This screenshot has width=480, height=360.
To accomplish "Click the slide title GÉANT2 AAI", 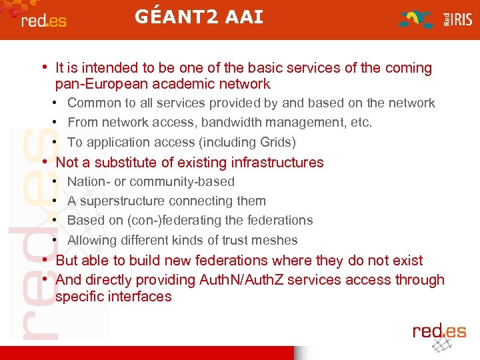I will click(199, 17).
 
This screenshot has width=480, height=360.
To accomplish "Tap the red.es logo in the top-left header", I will click(44, 21).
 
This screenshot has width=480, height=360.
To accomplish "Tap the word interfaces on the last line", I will click(139, 297).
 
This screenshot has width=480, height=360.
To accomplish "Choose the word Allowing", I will click(93, 240).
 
